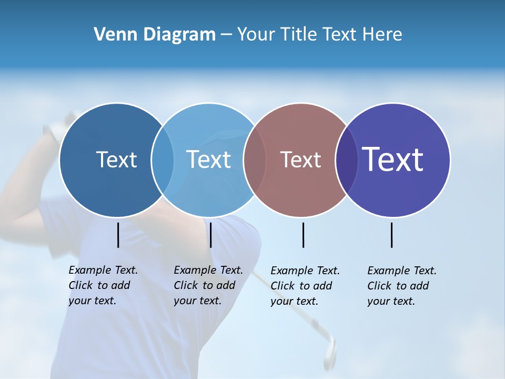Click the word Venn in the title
pos(113,35)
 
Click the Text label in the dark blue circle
pos(116,159)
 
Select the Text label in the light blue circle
pos(208,159)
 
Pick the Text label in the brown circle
pos(300,159)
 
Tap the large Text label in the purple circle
pos(392,159)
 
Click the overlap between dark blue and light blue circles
pos(163,160)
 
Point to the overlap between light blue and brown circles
pos(255,160)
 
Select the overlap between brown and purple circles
pos(347,160)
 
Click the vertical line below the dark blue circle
pos(118,235)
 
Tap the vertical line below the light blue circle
pos(210,235)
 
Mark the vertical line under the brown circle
pos(303,235)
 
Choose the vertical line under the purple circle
pos(392,235)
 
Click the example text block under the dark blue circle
pos(103,285)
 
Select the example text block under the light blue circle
pos(208,285)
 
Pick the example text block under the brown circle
pos(305,286)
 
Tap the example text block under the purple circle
pos(402,286)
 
